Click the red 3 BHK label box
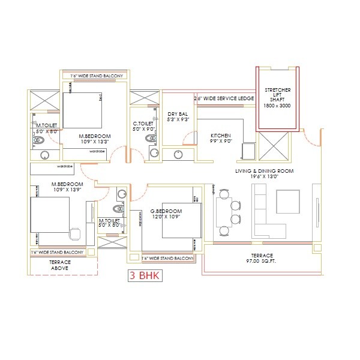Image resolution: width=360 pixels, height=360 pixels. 143,277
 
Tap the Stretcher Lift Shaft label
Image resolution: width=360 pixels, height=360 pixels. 277,98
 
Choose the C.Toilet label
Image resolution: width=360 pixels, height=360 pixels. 145,125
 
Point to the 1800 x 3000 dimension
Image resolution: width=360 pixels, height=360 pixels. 277,106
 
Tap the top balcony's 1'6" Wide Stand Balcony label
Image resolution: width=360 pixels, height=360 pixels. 93,76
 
